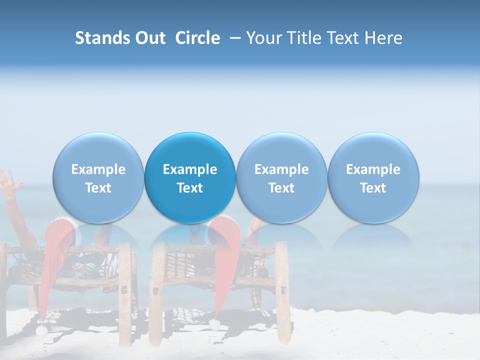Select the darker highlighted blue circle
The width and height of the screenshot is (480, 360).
(x=190, y=178)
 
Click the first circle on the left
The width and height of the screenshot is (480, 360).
(x=98, y=178)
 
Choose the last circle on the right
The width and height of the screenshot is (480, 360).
(x=373, y=178)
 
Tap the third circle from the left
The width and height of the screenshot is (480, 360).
(x=281, y=178)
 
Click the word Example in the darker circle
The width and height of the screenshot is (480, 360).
(x=190, y=169)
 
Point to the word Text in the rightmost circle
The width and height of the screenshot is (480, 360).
(x=373, y=188)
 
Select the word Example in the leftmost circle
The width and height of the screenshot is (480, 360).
(x=98, y=169)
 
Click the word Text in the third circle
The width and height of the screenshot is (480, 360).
(x=281, y=188)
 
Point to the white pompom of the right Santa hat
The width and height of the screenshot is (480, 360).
(x=215, y=324)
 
